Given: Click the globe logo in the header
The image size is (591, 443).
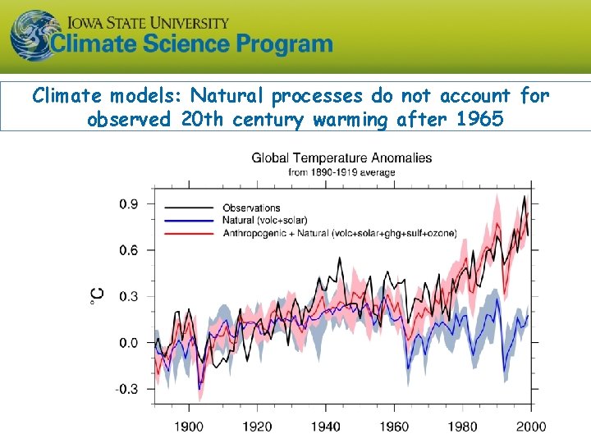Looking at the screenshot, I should tap(30, 34).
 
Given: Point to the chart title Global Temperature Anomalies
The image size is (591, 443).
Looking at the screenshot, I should tap(341, 158).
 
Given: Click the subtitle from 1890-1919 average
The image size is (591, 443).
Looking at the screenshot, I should tap(341, 172).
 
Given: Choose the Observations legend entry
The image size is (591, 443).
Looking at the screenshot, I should tap(251, 208).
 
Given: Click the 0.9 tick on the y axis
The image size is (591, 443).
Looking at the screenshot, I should tap(129, 203).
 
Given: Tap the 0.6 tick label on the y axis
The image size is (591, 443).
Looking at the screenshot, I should tap(129, 250).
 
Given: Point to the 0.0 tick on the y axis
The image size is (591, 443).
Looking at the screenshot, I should tap(129, 343).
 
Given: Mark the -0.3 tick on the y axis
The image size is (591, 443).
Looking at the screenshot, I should tap(127, 390).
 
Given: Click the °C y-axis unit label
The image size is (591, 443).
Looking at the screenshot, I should tap(96, 296).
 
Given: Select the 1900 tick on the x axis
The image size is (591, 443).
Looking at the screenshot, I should tap(189, 427).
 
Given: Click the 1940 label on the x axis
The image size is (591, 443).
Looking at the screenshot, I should tap(326, 427).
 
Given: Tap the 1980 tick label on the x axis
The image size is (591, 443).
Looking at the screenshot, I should tap(463, 427).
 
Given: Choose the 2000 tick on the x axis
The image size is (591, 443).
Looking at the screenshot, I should tap(531, 427).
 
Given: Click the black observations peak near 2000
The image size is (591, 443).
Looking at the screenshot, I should tap(525, 197).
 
